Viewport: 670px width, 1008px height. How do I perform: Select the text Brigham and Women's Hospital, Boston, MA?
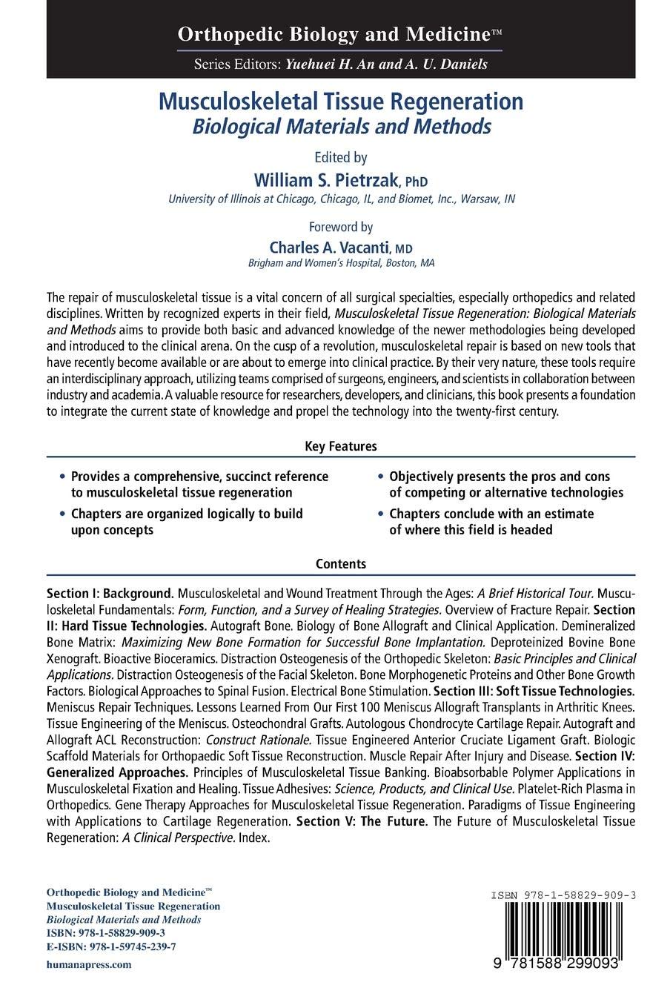pyautogui.click(x=341, y=263)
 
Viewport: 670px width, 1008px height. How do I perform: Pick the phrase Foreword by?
pyautogui.click(x=341, y=227)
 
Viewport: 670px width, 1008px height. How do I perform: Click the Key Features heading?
pyautogui.click(x=341, y=446)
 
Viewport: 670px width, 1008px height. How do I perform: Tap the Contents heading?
pyautogui.click(x=341, y=563)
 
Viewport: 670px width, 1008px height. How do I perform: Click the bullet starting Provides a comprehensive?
pyautogui.click(x=199, y=484)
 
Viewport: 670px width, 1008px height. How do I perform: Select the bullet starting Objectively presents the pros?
pyautogui.click(x=505, y=484)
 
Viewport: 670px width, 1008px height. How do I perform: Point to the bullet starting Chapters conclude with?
pyautogui.click(x=491, y=521)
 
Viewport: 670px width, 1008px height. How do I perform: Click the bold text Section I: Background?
pyautogui.click(x=110, y=594)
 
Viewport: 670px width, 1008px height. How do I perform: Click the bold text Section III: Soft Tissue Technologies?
pyautogui.click(x=548, y=691)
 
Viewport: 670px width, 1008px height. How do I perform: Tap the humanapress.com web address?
pyautogui.click(x=89, y=964)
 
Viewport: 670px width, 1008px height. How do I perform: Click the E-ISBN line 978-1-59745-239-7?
pyautogui.click(x=111, y=946)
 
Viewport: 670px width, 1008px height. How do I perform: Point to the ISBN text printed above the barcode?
pyautogui.click(x=563, y=895)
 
